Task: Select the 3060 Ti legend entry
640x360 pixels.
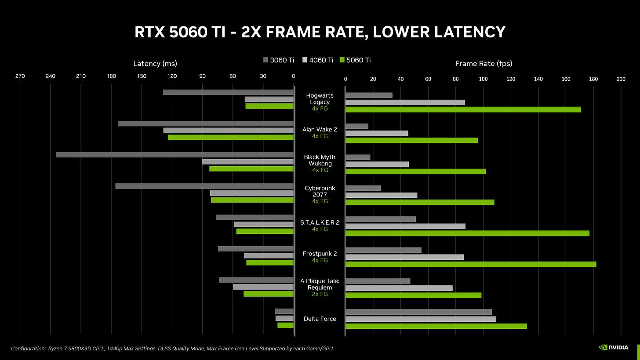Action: [279, 60]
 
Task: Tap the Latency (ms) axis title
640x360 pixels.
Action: [155, 64]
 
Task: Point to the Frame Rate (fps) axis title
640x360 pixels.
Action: [484, 64]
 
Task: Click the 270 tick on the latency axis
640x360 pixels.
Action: [20, 76]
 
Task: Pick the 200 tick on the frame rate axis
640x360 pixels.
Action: [621, 79]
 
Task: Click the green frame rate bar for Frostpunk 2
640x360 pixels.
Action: [470, 264]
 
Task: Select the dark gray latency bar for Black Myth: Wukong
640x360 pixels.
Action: [175, 155]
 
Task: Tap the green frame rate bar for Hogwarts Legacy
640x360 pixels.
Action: [463, 109]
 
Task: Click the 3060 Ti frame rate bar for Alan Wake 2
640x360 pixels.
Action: [357, 126]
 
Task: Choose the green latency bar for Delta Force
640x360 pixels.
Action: [285, 325]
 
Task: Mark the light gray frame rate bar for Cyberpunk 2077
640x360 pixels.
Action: [381, 195]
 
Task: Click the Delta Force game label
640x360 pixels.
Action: [320, 319]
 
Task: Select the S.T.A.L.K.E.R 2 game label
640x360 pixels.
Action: [320, 222]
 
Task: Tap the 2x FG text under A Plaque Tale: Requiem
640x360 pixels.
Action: [320, 294]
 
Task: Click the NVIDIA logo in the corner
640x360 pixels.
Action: [615, 347]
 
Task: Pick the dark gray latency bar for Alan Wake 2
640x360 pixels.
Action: [206, 124]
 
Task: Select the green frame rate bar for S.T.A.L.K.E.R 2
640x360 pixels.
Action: [467, 233]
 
